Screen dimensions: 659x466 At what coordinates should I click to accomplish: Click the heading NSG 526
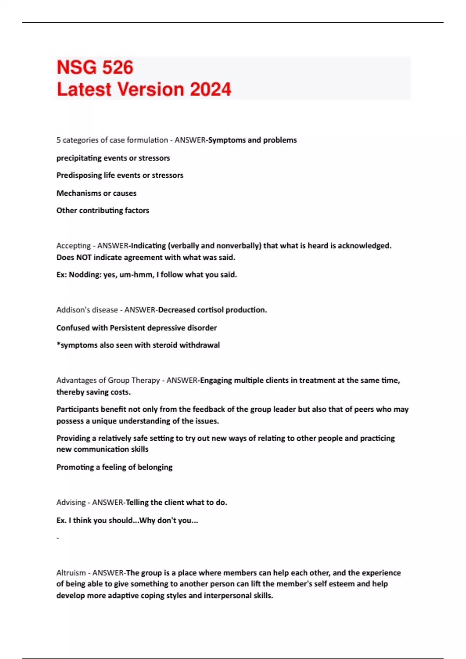[95, 67]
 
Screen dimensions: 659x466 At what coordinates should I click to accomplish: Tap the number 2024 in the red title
[210, 90]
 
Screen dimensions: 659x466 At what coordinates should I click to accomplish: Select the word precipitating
[79, 158]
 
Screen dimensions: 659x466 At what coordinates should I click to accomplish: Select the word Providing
[73, 438]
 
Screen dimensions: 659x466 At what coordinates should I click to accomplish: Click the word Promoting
[75, 468]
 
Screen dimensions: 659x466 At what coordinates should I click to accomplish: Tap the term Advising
[71, 503]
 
